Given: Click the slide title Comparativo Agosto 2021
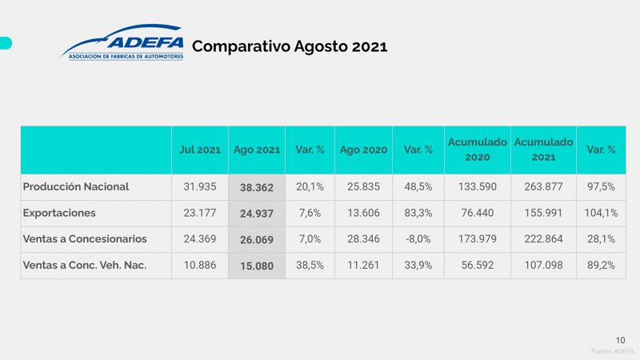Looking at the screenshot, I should pos(290,46).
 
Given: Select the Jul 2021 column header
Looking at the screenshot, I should pos(199,150).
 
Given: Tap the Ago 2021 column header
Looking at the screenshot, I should pos(256,150).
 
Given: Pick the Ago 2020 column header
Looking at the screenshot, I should pos(363,150).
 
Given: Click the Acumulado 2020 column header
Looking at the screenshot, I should pos(477,150).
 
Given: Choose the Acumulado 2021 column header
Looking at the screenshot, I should pos(543,150).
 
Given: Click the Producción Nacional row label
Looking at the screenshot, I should pos(76,186).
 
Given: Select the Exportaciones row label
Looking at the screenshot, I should pos(59,213).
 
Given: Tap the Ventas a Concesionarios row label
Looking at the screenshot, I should pos(85,238).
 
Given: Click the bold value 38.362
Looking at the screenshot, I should pos(256,187).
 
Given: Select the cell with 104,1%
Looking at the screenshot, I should pos(601,213).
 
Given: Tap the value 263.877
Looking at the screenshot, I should pos(543,186).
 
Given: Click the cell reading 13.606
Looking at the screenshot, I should pos(363,213).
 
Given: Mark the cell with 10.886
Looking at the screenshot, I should pos(199,265).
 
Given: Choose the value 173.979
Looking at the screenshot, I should pos(477,238).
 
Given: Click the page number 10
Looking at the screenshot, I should pos(621,338).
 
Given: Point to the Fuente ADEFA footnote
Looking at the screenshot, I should pos(613,351).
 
